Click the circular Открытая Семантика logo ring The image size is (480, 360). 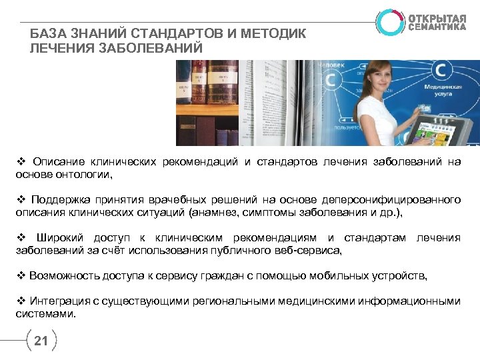point(389,21)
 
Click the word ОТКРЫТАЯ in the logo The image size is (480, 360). point(437,17)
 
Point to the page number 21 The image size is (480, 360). point(41,342)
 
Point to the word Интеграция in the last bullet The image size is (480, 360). point(57,301)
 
